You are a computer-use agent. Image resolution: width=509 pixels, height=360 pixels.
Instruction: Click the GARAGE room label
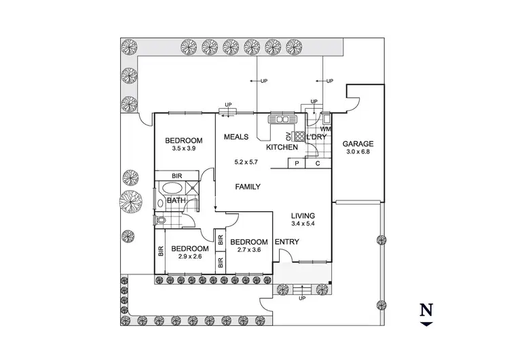358,144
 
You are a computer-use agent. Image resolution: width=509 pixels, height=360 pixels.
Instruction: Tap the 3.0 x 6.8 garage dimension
358,153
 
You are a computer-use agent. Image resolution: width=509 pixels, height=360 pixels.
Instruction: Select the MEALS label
237,137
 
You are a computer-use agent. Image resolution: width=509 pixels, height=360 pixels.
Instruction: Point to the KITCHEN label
282,147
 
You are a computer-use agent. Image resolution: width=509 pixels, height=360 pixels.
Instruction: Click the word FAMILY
248,186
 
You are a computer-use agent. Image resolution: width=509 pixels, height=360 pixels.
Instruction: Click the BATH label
176,200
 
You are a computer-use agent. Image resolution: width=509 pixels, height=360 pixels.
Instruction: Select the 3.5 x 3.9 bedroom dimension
183,149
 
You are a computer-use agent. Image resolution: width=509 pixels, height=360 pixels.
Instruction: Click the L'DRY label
317,137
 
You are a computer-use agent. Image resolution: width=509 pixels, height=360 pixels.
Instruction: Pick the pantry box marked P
297,163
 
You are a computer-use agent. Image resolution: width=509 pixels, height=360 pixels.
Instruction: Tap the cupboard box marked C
317,163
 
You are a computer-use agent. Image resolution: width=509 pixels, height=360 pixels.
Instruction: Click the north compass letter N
426,310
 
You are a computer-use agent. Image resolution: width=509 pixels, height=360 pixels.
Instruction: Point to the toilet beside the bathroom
162,220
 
